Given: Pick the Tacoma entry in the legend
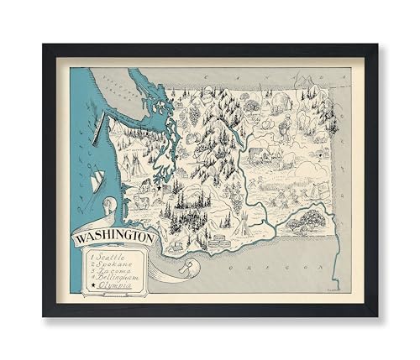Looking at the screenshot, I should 121,274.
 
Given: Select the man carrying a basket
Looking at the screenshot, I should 286,125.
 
